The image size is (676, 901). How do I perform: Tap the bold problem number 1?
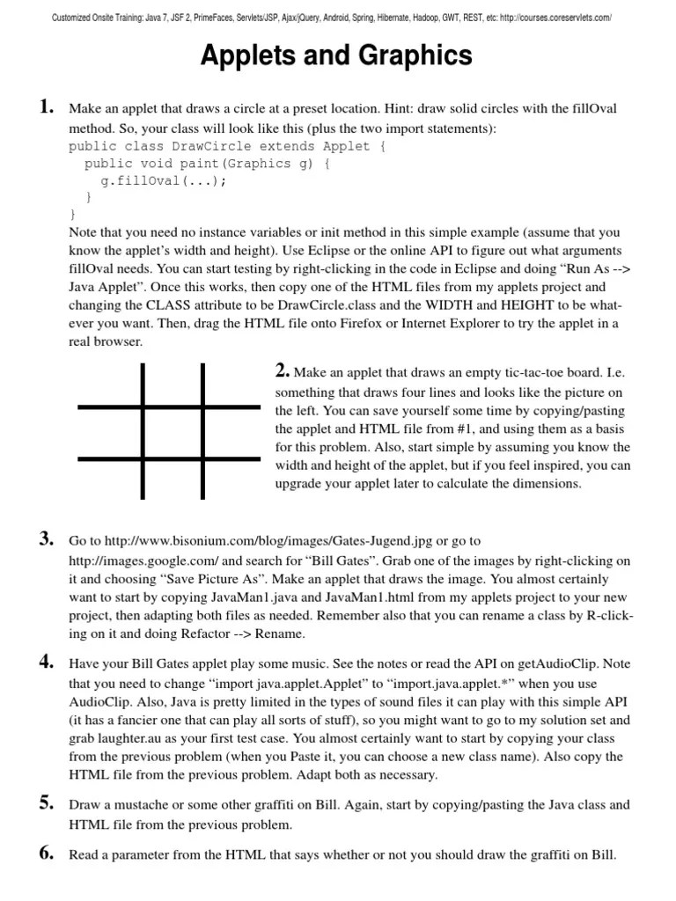(47, 108)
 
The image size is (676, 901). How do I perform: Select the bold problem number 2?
(283, 371)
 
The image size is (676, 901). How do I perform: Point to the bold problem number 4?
(47, 663)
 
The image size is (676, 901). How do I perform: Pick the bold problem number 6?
(47, 853)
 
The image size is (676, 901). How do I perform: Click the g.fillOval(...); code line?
(163, 180)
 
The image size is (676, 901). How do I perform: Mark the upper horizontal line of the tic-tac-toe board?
(169, 407)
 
